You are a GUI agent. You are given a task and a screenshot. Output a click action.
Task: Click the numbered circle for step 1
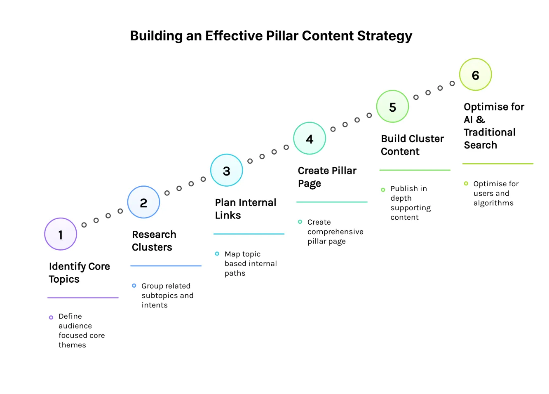click(61, 234)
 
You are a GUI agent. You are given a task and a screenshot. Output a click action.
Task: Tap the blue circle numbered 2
click(143, 202)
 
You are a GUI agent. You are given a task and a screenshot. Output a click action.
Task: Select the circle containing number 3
click(226, 171)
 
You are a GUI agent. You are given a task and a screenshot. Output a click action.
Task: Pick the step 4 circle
click(310, 138)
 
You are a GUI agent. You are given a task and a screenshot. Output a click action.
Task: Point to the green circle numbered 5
click(392, 107)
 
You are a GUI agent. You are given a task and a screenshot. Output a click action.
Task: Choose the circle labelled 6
click(476, 75)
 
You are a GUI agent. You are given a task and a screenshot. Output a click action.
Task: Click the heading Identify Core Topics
click(79, 272)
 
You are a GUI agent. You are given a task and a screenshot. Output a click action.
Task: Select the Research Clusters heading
click(154, 241)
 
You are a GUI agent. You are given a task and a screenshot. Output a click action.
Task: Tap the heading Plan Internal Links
click(245, 209)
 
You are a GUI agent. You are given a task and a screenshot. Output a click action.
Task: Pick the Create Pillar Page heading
click(327, 177)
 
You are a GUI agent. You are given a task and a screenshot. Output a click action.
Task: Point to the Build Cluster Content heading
click(412, 145)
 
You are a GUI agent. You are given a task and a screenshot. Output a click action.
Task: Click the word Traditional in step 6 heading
click(489, 132)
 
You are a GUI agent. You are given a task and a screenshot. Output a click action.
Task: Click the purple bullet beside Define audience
click(51, 317)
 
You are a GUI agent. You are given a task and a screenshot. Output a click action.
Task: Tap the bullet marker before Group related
click(134, 286)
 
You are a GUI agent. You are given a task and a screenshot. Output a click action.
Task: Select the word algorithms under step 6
click(493, 203)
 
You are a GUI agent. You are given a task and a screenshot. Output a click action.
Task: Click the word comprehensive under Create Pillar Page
click(335, 232)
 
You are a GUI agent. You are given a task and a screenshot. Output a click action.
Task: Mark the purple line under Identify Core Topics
click(83, 298)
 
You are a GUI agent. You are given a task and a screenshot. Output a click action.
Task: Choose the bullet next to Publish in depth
click(383, 190)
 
